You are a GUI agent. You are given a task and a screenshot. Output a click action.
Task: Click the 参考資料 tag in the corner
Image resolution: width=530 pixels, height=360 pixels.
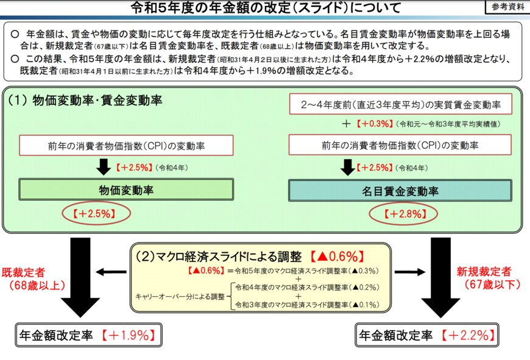pyautogui.click(x=506, y=7)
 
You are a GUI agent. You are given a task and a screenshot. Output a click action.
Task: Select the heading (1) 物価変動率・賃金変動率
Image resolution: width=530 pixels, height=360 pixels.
pyautogui.click(x=85, y=101)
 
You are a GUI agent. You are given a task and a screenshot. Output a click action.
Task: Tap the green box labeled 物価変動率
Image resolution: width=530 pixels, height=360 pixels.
pyautogui.click(x=126, y=190)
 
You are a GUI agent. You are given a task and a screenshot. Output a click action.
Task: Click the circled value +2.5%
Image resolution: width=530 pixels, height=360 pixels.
pyautogui.click(x=97, y=214)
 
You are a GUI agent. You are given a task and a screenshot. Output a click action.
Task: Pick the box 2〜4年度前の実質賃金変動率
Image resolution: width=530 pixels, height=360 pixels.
pyautogui.click(x=400, y=104)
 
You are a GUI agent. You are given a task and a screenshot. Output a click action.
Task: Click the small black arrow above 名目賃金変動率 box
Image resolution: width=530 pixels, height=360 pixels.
pyautogui.click(x=348, y=167)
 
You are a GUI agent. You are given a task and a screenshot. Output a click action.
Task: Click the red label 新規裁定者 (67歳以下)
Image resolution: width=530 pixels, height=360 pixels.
pyautogui.click(x=491, y=278)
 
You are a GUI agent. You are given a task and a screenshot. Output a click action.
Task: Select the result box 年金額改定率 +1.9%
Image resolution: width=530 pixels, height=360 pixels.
pyautogui.click(x=88, y=334)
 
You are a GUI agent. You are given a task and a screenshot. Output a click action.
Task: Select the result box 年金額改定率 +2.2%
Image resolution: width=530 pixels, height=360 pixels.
pyautogui.click(x=426, y=334)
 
